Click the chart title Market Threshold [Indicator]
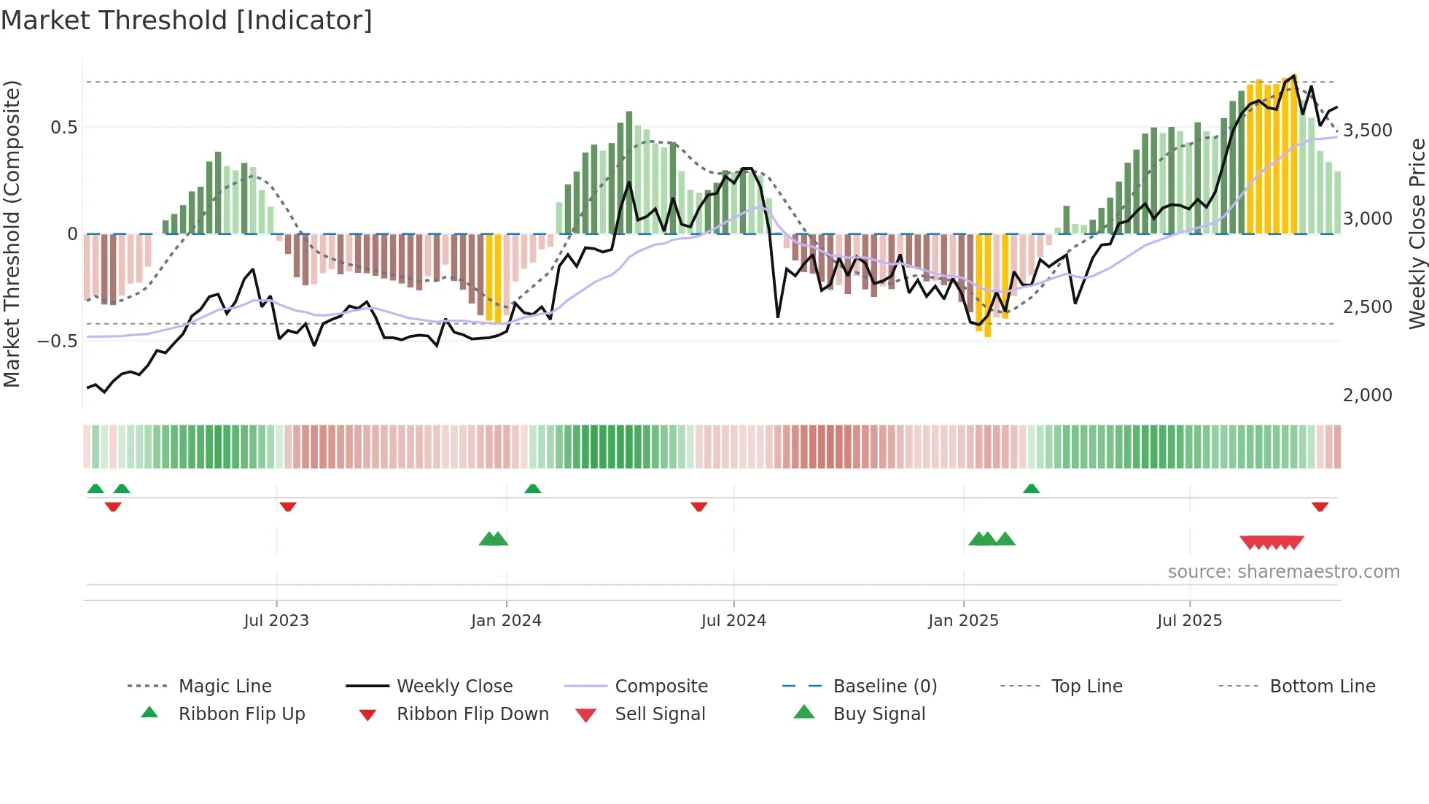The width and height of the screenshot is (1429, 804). point(187,20)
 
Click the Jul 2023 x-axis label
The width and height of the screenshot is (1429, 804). point(276,621)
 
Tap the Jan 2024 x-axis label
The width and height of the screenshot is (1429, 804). point(506,621)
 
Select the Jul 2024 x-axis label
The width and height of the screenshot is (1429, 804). point(733,621)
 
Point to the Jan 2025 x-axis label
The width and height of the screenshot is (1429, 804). point(963,621)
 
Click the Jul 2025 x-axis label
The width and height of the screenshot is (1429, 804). point(1189,621)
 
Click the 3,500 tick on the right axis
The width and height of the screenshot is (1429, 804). point(1367,131)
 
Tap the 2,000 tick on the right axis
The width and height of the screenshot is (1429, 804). point(1367,395)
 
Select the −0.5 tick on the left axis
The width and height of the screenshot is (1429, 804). point(57,341)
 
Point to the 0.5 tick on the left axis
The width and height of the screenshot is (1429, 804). point(63,128)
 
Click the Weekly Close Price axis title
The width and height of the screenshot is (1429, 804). point(1417,233)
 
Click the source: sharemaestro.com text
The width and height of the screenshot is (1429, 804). point(1283,572)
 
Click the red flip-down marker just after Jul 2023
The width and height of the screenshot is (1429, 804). point(288,506)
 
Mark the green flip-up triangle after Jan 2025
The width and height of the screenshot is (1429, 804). point(1031,489)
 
